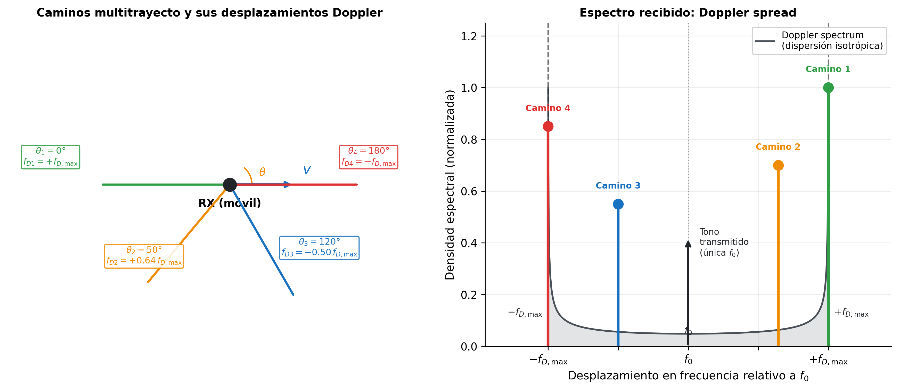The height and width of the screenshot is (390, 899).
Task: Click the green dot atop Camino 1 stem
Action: tap(828, 88)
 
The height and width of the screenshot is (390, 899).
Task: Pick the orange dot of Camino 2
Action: tap(778, 165)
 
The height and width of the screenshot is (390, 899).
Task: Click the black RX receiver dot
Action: tap(230, 184)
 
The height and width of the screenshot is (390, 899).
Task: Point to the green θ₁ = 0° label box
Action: tap(51, 157)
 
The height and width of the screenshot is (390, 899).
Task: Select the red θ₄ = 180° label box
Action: tap(368, 157)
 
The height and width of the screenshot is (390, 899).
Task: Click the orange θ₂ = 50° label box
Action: tap(144, 256)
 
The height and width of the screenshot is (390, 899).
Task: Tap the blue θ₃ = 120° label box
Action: tap(319, 248)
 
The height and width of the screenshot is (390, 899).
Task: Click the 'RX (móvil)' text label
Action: tap(229, 203)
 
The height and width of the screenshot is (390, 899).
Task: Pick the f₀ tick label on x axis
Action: tap(688, 360)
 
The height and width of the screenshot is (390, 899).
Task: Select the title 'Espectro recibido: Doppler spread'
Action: tap(688, 13)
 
